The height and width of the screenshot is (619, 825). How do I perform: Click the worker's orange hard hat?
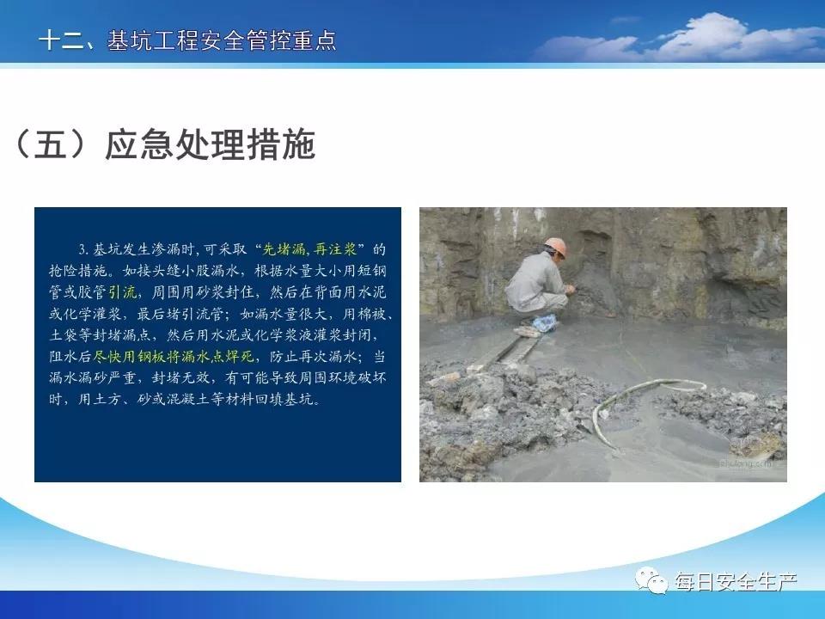[x=556, y=247]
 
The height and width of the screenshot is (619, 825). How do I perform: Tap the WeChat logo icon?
[x=652, y=580]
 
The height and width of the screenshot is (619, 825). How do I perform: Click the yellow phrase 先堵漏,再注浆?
[x=309, y=249]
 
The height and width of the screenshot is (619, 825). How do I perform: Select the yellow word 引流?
[x=123, y=292]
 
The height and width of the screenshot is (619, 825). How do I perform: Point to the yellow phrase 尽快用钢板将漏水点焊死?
[x=174, y=356]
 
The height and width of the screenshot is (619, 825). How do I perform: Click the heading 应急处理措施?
[x=211, y=144]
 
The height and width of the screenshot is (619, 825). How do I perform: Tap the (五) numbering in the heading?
[x=50, y=144]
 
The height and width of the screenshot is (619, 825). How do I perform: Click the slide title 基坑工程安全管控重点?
[x=222, y=40]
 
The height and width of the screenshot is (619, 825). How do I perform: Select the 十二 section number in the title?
[x=61, y=40]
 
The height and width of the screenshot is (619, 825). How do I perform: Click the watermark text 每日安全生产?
[x=736, y=581]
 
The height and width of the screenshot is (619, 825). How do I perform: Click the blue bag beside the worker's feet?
[x=545, y=322]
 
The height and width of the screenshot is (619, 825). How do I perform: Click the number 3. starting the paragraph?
[x=84, y=249]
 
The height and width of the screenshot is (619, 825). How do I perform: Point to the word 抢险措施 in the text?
[x=78, y=271]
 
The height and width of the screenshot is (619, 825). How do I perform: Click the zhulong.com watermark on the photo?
[x=743, y=463]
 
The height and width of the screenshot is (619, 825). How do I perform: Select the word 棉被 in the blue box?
[x=371, y=314]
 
